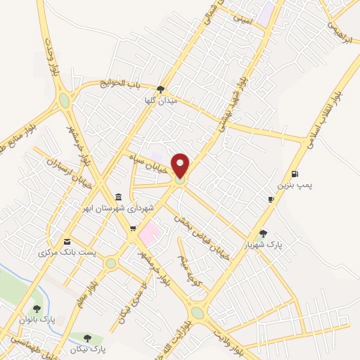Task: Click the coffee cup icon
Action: pyautogui.click(x=271, y=200)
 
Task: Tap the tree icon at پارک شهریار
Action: pyautogui.click(x=264, y=234)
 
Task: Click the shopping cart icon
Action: pyautogui.click(x=133, y=229)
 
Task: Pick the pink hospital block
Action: pyautogui.click(x=150, y=230)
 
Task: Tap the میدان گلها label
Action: pyautogui.click(x=159, y=101)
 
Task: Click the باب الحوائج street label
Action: pyautogui.click(x=145, y=84)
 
